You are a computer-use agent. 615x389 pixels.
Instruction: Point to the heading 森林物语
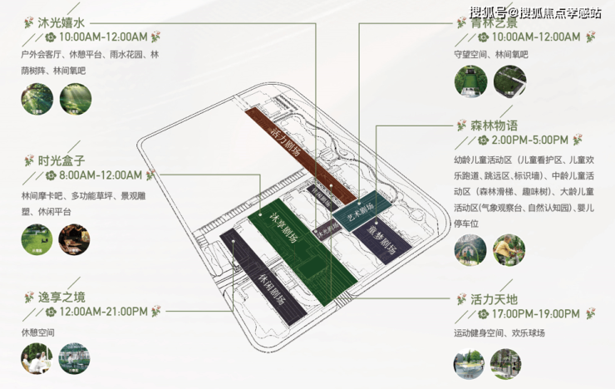pyautogui.click(x=488, y=126)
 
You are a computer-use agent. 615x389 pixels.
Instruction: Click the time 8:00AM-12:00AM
pyautogui.click(x=101, y=175)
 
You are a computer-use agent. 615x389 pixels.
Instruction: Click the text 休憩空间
pyautogui.click(x=38, y=332)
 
